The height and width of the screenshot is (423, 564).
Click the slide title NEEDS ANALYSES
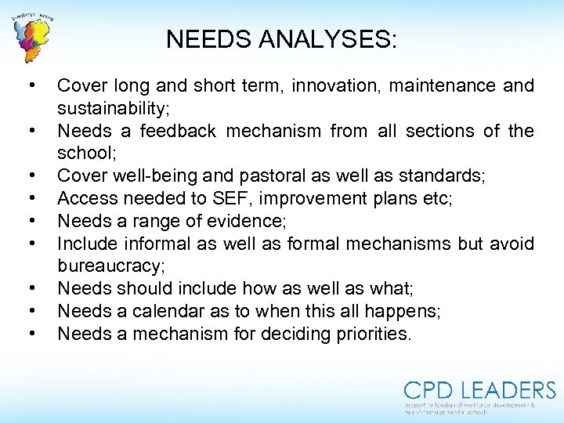click(x=281, y=38)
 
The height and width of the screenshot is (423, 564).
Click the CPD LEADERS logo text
click(x=479, y=389)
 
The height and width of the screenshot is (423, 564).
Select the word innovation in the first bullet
click(x=334, y=85)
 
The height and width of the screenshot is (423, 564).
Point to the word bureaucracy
click(x=110, y=266)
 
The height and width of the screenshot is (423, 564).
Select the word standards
click(x=439, y=175)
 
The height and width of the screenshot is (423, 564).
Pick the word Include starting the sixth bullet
click(x=87, y=244)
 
